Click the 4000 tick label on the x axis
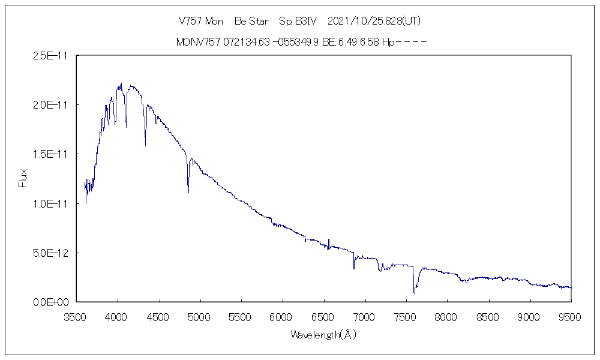tap(118, 317)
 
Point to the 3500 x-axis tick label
tap(77, 317)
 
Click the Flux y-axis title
tap(23, 179)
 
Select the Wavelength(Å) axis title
tap(323, 335)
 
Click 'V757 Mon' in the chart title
tap(201, 21)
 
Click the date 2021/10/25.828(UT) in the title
tap(374, 21)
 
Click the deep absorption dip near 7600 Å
tap(414, 292)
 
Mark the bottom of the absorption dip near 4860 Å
tap(188, 192)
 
